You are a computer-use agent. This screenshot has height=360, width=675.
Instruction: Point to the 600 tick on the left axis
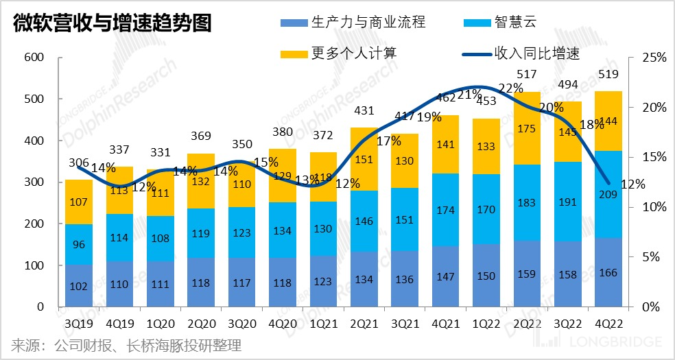click(x=34, y=58)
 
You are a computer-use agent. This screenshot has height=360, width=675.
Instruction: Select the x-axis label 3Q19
click(x=79, y=323)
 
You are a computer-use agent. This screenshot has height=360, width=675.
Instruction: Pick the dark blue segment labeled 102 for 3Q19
click(x=79, y=286)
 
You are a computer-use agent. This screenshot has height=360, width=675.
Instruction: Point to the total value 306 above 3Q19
click(x=79, y=163)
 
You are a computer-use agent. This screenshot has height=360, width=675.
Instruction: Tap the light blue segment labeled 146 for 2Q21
click(x=364, y=221)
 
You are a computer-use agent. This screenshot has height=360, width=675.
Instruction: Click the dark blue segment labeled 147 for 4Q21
click(x=446, y=276)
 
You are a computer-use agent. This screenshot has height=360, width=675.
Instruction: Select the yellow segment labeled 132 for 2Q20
click(x=201, y=181)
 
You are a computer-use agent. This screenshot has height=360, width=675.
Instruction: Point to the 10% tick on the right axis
click(x=654, y=207)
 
